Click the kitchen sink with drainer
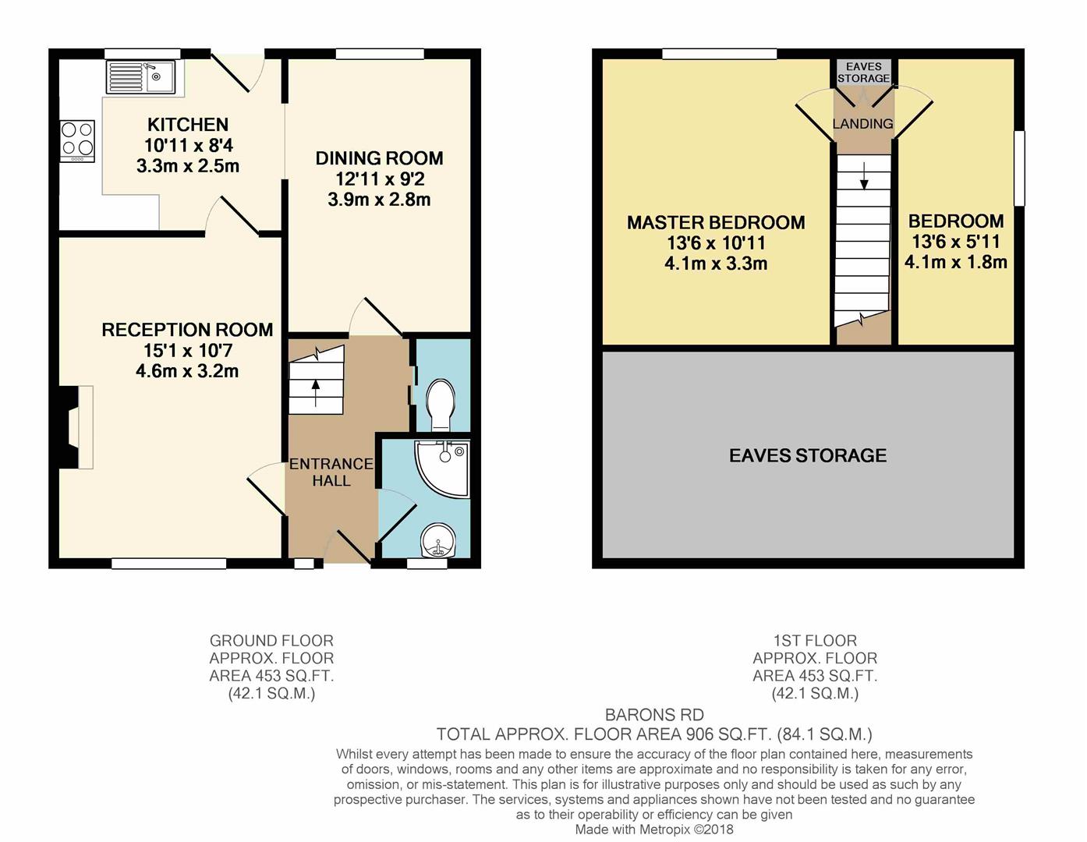[x=141, y=76]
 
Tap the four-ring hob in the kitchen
[x=77, y=140]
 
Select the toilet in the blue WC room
[x=441, y=405]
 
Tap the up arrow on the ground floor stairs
[x=316, y=394]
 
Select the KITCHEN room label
[x=188, y=124]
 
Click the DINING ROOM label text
[x=379, y=158]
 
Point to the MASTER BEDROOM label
[x=716, y=222]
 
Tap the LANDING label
[x=863, y=123]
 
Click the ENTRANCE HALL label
[x=331, y=472]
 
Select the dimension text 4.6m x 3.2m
[x=187, y=371]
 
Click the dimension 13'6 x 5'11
[x=955, y=242]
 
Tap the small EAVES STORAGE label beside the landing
[x=863, y=73]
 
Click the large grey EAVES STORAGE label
[x=808, y=455]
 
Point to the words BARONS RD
[x=654, y=715]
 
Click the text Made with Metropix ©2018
[x=654, y=830]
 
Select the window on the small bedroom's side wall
[x=1019, y=168]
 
